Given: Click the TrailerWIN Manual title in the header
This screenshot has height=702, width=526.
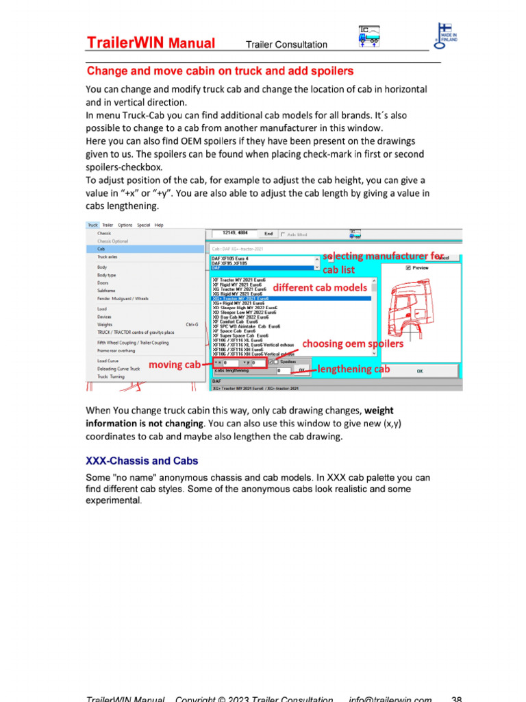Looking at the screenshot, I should (151, 44).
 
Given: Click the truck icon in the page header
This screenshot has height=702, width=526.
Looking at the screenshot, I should (369, 36).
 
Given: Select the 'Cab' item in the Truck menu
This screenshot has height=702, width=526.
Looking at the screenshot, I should (101, 249).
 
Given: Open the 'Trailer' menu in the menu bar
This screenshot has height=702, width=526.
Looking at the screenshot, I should (108, 225).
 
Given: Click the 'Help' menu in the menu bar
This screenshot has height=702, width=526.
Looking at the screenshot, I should (159, 225).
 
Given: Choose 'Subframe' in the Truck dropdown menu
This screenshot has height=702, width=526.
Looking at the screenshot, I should (106, 291).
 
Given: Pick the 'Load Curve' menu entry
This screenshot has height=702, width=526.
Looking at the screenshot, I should (108, 361).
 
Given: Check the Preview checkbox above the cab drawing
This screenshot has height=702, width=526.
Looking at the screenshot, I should (408, 269).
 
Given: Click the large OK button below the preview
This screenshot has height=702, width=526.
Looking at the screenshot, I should (419, 371).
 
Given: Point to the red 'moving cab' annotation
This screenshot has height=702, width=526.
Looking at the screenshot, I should (174, 365).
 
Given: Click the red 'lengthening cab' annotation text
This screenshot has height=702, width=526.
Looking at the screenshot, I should (353, 369).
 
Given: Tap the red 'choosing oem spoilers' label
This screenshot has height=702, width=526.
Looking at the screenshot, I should (353, 343).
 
